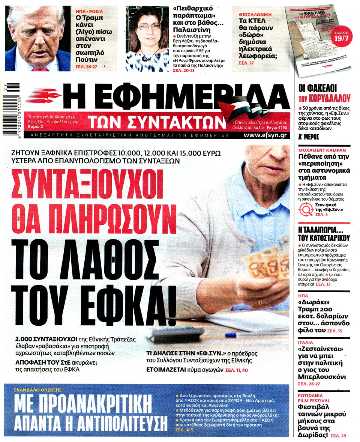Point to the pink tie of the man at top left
point(37,69)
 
